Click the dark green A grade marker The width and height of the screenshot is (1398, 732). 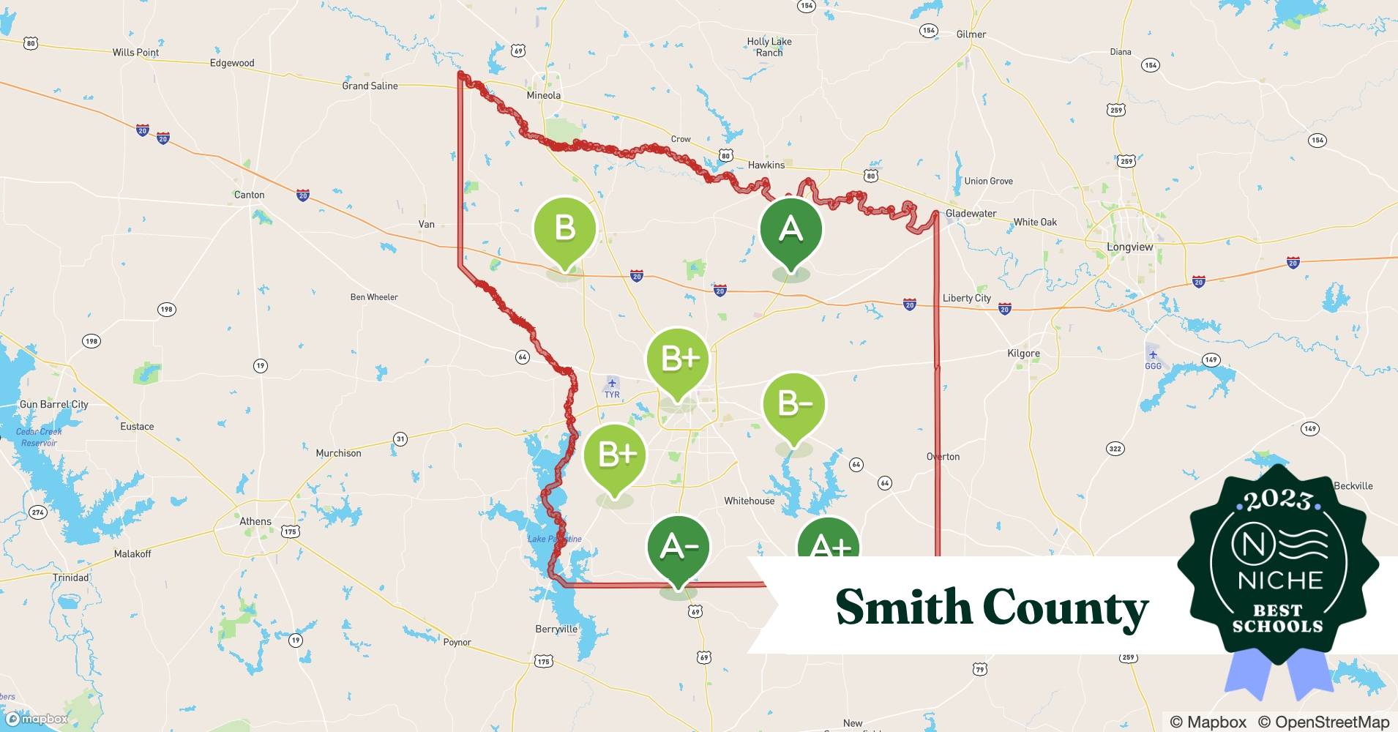pos(790,230)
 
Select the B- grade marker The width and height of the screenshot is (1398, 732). pos(793,404)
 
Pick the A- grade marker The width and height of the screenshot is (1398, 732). pos(679,547)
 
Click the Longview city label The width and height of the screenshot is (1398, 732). pos(1129,247)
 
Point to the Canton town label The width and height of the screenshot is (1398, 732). pos(249,195)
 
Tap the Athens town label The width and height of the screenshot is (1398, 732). pos(255,522)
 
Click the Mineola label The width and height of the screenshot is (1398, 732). pos(544,95)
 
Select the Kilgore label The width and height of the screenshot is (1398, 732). pos(1023,354)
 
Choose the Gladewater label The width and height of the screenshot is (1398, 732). pos(971,214)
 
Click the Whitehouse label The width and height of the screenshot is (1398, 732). pos(749,501)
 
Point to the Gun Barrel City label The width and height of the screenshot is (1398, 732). pos(53,404)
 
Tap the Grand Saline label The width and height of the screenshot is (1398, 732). pos(370,86)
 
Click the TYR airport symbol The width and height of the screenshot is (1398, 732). pos(612,384)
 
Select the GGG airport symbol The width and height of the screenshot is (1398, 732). pos(1153,355)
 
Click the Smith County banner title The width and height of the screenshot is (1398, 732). pos(992,607)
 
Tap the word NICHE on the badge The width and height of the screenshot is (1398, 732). pos(1280,580)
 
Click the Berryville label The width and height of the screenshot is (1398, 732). pos(556,630)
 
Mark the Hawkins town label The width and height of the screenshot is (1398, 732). pos(766,165)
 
